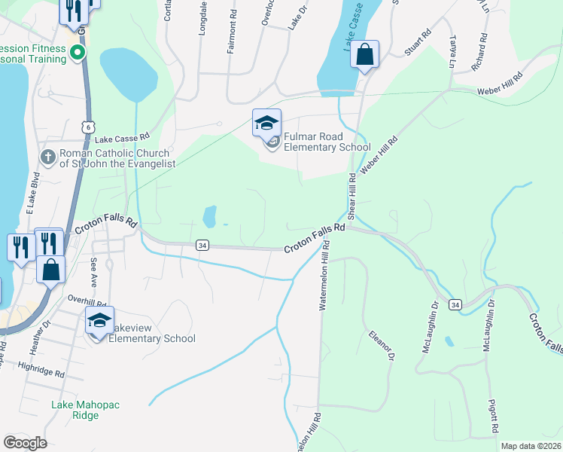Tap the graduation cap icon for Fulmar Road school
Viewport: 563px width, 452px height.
coord(266,124)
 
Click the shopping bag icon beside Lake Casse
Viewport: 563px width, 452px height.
coord(364,55)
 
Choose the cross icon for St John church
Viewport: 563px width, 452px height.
coord(48,157)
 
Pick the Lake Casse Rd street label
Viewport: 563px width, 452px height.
coord(123,139)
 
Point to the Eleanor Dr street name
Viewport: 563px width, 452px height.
coord(381,344)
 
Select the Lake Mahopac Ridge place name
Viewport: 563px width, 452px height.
coord(85,410)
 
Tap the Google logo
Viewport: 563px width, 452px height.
coord(25,443)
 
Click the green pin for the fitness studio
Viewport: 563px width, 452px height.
coord(77,52)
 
